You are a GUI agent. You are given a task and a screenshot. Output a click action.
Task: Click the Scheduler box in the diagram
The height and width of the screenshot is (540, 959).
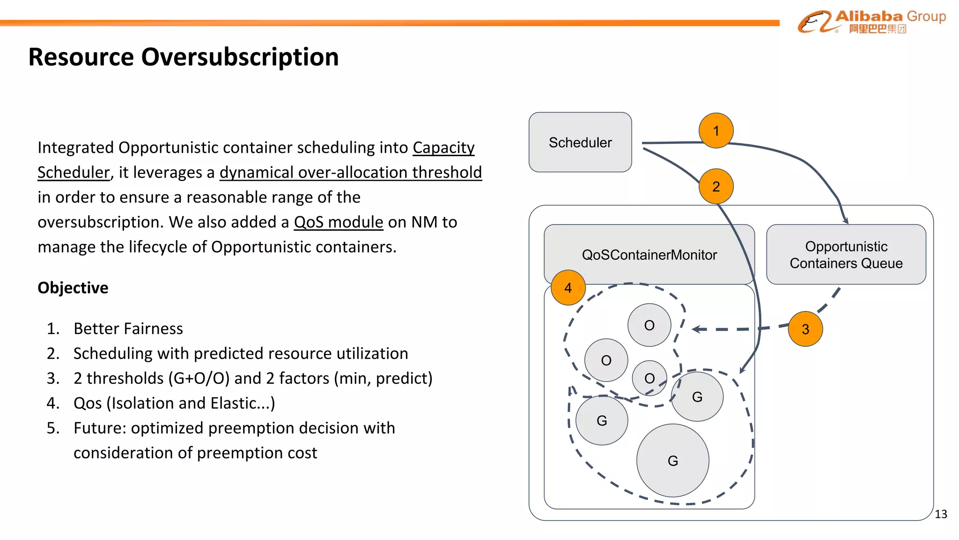pyautogui.click(x=580, y=142)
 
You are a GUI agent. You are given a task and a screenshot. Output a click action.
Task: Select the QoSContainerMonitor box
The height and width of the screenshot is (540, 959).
pyautogui.click(x=649, y=255)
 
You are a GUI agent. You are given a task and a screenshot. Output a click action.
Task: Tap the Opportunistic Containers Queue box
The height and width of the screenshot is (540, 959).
pyautogui.click(x=846, y=255)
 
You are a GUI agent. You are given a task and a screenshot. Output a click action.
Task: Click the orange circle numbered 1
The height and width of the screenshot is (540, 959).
pyautogui.click(x=716, y=131)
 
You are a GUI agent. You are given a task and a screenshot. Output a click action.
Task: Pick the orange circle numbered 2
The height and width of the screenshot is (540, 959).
pyautogui.click(x=716, y=187)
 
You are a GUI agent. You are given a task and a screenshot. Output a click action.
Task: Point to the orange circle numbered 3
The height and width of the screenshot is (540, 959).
pyautogui.click(x=805, y=329)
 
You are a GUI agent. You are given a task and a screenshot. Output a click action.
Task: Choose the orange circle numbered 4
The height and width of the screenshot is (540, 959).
pyautogui.click(x=568, y=288)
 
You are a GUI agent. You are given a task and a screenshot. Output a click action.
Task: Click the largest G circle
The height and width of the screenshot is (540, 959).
pyautogui.click(x=673, y=461)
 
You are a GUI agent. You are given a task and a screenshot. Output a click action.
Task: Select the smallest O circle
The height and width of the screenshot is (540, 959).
pyautogui.click(x=649, y=378)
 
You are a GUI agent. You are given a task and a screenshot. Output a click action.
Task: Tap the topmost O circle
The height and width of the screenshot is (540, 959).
pyautogui.click(x=649, y=325)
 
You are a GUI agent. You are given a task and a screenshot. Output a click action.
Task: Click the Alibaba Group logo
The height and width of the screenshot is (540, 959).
pyautogui.click(x=871, y=22)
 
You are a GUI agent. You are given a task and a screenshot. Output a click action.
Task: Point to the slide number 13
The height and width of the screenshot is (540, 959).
pyautogui.click(x=941, y=514)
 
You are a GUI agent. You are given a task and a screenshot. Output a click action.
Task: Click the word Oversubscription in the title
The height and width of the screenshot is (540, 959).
pyautogui.click(x=240, y=57)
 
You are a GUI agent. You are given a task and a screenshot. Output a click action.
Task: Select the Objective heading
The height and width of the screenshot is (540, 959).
pyautogui.click(x=73, y=287)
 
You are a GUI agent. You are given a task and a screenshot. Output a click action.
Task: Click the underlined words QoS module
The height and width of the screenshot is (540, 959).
pyautogui.click(x=338, y=222)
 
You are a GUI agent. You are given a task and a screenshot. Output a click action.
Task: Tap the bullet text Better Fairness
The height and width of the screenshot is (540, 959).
pyautogui.click(x=128, y=329)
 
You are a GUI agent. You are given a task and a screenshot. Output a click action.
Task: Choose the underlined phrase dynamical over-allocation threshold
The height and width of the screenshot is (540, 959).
pyautogui.click(x=350, y=172)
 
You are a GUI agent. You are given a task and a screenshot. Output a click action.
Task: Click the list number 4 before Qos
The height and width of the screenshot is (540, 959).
pyautogui.click(x=53, y=403)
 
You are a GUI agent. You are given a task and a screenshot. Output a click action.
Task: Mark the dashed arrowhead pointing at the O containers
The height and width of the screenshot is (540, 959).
pyautogui.click(x=696, y=329)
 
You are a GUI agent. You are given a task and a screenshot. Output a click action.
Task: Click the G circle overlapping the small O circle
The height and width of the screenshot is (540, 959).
pyautogui.click(x=697, y=397)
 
